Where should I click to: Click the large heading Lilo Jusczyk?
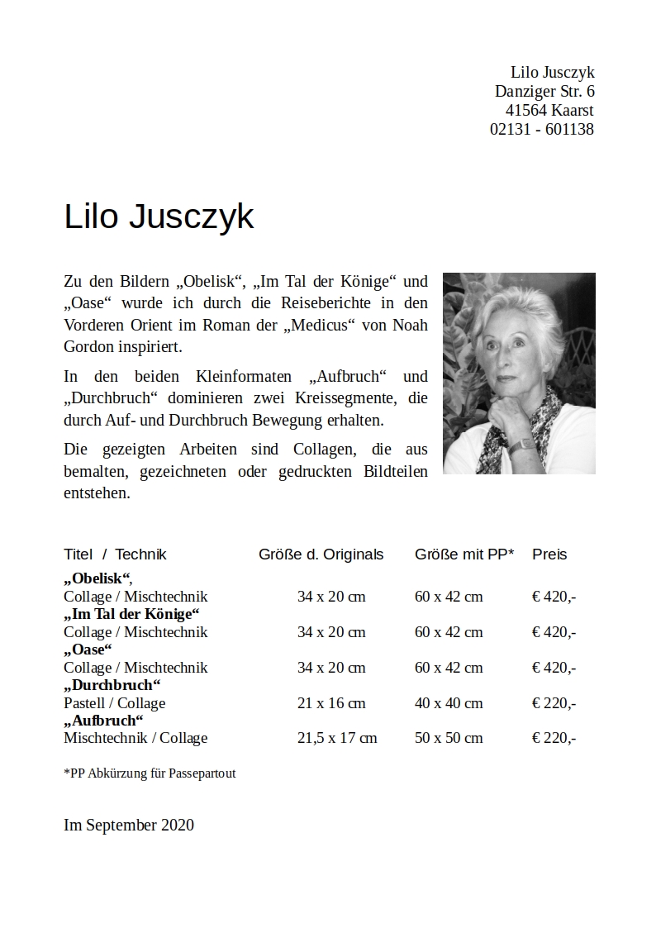(159, 217)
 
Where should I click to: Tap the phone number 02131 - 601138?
(541, 129)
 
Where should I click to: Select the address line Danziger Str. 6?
(544, 91)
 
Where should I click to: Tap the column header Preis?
(549, 554)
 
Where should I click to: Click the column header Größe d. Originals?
(321, 554)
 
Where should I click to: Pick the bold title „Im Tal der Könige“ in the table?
(132, 614)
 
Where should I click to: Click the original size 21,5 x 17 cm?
(336, 738)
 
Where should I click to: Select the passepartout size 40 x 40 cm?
(449, 703)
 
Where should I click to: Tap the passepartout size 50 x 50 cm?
(449, 738)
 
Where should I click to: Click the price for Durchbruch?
(554, 703)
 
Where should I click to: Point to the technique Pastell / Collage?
(114, 703)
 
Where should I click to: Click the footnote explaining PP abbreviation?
(150, 773)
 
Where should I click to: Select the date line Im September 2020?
(129, 825)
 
